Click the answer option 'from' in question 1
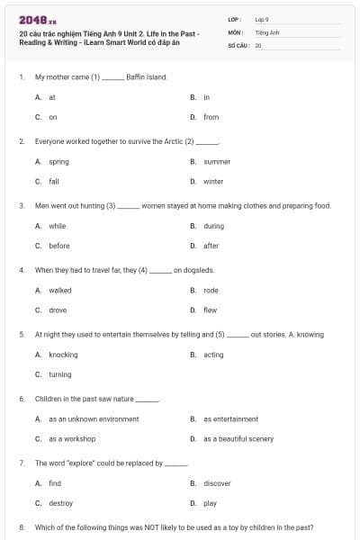(211, 117)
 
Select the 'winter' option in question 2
(212, 182)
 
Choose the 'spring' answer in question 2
(58, 162)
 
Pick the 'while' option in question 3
(58, 226)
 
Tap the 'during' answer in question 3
(213, 226)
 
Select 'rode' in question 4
(211, 291)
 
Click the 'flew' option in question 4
(210, 310)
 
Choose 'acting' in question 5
(213, 355)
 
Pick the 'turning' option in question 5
(59, 374)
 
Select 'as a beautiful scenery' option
(238, 438)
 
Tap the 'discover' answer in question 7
(217, 483)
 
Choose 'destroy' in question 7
(60, 503)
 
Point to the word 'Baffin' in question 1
(138, 77)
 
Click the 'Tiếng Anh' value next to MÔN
(267, 31)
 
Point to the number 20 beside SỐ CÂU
(258, 44)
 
